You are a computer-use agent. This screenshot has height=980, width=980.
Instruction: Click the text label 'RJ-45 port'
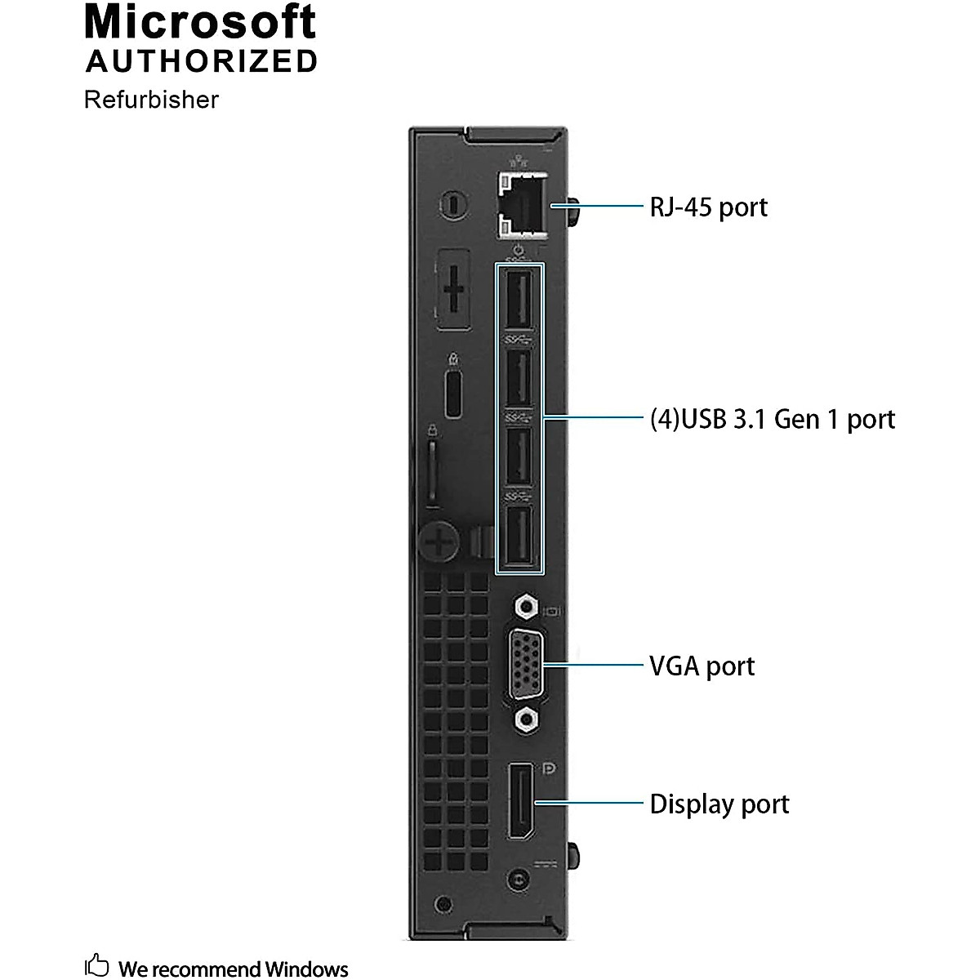[708, 207]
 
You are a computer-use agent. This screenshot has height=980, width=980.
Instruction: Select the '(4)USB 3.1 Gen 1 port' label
[772, 419]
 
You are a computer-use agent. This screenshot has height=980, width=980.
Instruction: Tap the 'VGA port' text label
[702, 666]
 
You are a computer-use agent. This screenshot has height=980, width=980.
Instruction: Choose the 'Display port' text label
[719, 804]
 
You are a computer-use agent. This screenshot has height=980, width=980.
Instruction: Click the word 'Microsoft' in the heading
[200, 22]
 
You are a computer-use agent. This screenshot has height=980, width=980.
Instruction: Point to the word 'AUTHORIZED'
[202, 61]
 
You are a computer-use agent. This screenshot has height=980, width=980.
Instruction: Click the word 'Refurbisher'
[151, 100]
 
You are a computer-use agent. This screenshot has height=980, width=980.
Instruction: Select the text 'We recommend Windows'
[234, 969]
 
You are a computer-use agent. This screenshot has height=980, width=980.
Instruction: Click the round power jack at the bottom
[516, 880]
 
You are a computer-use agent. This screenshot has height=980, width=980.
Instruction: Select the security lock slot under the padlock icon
[454, 395]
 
